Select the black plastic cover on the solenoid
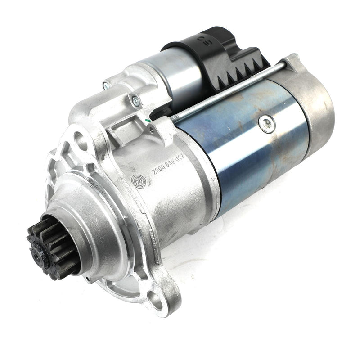click(216, 58)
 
